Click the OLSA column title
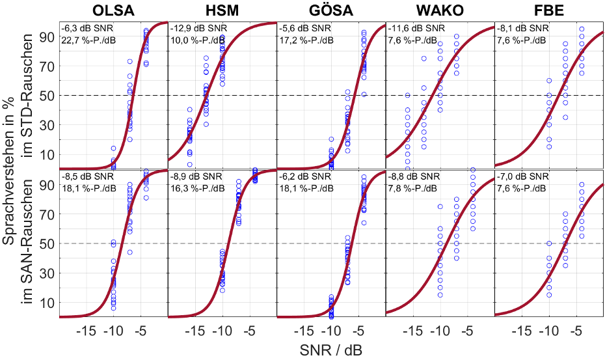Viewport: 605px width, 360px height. click(113, 10)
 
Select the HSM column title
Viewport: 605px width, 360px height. click(222, 10)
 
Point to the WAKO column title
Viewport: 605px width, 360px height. click(440, 10)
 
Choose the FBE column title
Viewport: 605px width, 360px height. click(550, 10)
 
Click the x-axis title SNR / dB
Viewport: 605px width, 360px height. click(331, 350)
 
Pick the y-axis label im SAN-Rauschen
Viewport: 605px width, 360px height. click(29, 243)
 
